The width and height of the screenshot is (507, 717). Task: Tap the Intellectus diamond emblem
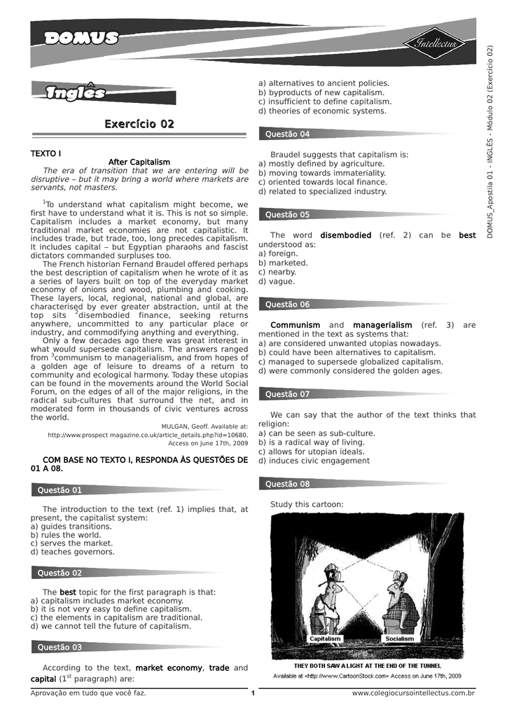tap(436, 44)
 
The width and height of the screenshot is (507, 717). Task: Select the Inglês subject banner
tap(75, 93)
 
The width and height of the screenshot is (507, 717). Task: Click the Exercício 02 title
tap(139, 125)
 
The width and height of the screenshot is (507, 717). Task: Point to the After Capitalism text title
tap(139, 162)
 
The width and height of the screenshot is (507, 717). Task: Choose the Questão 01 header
tap(60, 490)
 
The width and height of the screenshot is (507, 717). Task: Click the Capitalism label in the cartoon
tap(325, 639)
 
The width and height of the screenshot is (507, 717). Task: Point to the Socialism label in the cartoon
tap(399, 639)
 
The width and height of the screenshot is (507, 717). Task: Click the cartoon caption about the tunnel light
tap(368, 665)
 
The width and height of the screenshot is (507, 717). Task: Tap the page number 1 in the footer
tap(253, 693)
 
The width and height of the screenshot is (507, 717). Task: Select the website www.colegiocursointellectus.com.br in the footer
tap(413, 693)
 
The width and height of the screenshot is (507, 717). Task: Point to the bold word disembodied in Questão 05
tap(346, 235)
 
